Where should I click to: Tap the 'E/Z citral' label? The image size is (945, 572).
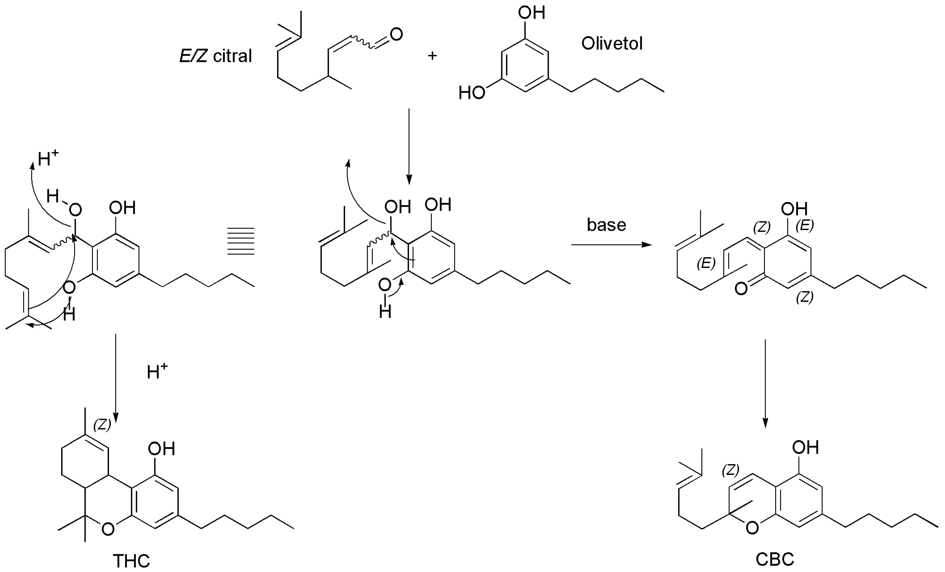216,56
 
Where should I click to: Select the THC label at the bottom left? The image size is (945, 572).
131,561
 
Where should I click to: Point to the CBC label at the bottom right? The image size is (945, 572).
774,559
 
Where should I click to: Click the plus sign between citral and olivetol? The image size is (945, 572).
432,56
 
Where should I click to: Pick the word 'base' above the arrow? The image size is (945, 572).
606,225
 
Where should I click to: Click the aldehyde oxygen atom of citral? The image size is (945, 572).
396,34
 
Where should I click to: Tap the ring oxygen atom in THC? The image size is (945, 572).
108,529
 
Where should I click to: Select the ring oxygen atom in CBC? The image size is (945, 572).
752,528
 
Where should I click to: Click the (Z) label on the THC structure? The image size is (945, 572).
102,424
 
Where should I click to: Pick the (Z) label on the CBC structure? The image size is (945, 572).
730,470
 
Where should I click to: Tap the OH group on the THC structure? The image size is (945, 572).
162,449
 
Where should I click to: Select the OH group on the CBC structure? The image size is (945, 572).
805,447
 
